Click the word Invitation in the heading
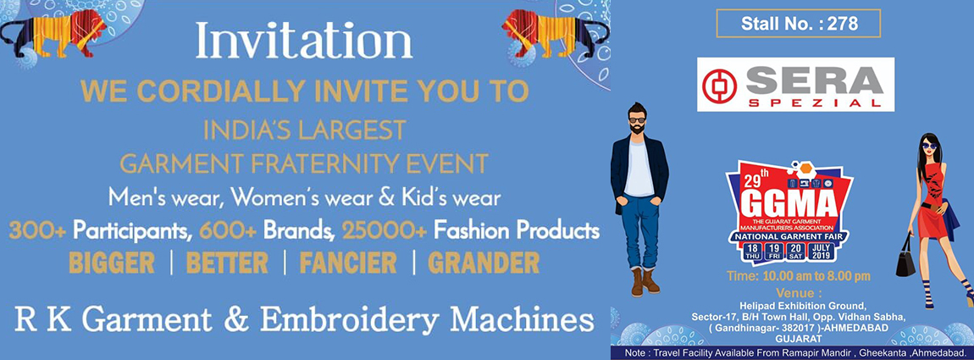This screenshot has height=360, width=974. point(304,41)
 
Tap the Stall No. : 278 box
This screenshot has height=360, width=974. point(798,24)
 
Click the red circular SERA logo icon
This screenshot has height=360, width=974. point(720,86)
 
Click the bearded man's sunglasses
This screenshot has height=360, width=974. point(636,120)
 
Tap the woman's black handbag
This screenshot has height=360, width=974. point(905,260)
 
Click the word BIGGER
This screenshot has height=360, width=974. point(112,263)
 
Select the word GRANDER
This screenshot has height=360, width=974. point(484,263)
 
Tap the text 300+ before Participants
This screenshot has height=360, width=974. point(39,230)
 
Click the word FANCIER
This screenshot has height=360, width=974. point(347,263)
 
